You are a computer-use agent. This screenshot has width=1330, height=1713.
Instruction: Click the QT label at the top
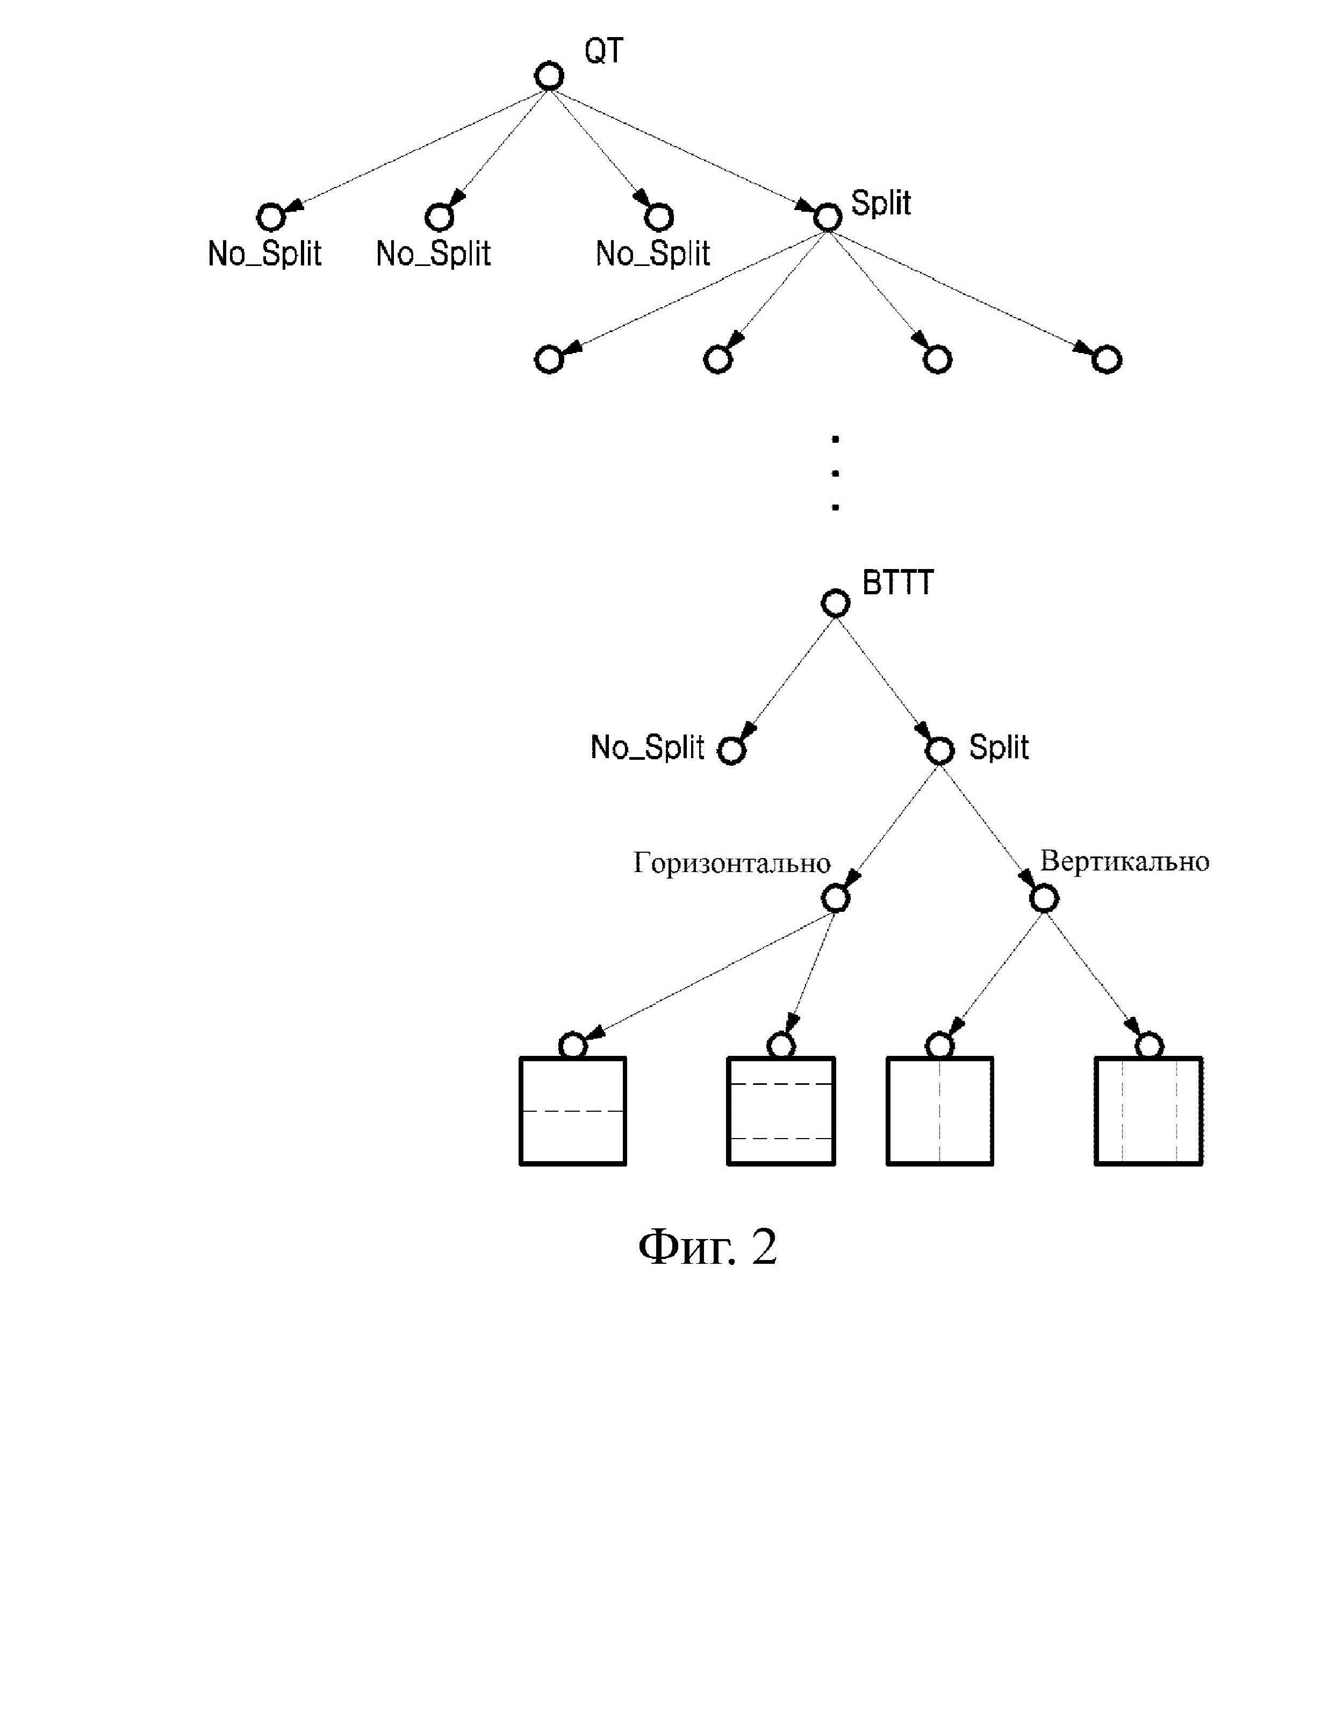coord(604,51)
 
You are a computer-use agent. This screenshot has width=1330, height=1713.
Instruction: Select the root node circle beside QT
coord(549,77)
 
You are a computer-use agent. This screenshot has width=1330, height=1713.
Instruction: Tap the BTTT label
coord(898,583)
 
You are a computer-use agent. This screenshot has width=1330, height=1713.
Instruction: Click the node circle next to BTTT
coord(835,604)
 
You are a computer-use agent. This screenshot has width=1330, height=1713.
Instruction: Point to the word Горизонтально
coord(732,863)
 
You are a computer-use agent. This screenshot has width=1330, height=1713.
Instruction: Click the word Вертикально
coord(1125,861)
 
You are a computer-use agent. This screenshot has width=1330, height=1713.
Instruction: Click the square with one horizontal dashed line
coord(573,1111)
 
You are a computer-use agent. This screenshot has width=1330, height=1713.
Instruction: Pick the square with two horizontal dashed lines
coord(781,1111)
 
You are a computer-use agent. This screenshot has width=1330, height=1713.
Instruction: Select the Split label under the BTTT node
coord(998,747)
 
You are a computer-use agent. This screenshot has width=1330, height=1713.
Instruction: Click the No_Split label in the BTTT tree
coord(647,747)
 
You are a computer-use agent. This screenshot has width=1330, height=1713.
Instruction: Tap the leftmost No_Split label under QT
coord(264,253)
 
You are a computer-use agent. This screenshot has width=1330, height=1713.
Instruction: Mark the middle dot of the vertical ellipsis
coord(835,473)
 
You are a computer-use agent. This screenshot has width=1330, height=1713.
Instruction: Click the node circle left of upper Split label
coord(828,217)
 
